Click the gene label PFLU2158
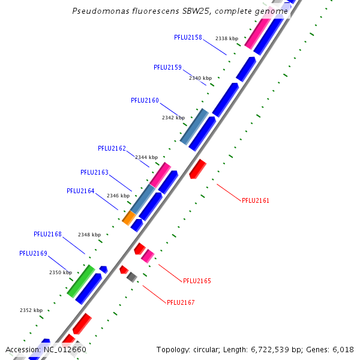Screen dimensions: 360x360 click(188, 37)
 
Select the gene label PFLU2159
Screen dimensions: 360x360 click(167, 67)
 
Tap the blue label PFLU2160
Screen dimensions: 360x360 click(145, 100)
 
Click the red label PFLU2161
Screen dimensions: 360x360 click(256, 200)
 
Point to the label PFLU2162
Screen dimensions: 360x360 click(112, 148)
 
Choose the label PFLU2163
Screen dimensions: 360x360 click(94, 172)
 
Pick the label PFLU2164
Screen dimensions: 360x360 click(80, 191)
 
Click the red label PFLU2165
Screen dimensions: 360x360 click(197, 281)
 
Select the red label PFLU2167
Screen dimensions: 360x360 click(181, 302)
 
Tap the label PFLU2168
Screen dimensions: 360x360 click(47, 234)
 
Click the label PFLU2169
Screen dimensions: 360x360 click(33, 253)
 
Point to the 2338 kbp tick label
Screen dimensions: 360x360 click(227, 38)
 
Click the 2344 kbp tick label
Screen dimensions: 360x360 click(146, 157)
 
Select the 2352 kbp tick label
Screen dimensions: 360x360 click(31, 310)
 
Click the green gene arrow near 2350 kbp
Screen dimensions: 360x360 click(80, 281)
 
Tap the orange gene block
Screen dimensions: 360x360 click(128, 217)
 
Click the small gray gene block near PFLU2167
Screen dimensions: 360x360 click(132, 277)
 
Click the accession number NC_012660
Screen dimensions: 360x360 click(63, 349)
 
